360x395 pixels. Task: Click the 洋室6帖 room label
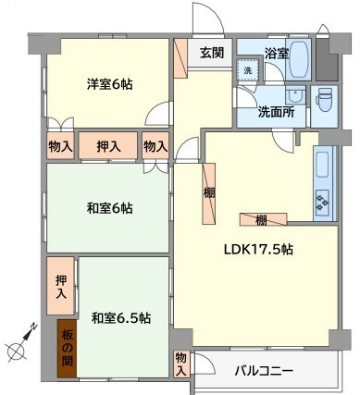click(110, 84)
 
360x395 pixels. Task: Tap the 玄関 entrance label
click(209, 53)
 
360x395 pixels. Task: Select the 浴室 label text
click(276, 53)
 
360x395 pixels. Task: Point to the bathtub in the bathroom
click(299, 60)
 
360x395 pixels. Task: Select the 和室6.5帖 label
click(121, 317)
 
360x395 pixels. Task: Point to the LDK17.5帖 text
click(258, 250)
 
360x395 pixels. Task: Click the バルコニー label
click(263, 371)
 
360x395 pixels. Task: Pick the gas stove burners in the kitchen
click(325, 200)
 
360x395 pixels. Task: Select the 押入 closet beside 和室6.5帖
click(61, 287)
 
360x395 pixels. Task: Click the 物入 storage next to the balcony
click(180, 363)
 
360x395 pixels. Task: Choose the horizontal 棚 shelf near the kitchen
click(262, 219)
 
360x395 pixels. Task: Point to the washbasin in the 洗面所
click(295, 96)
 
